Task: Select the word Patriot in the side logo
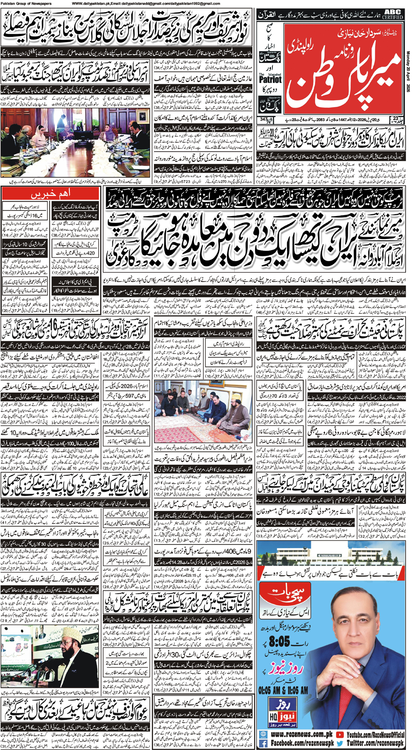coord(270,79)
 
